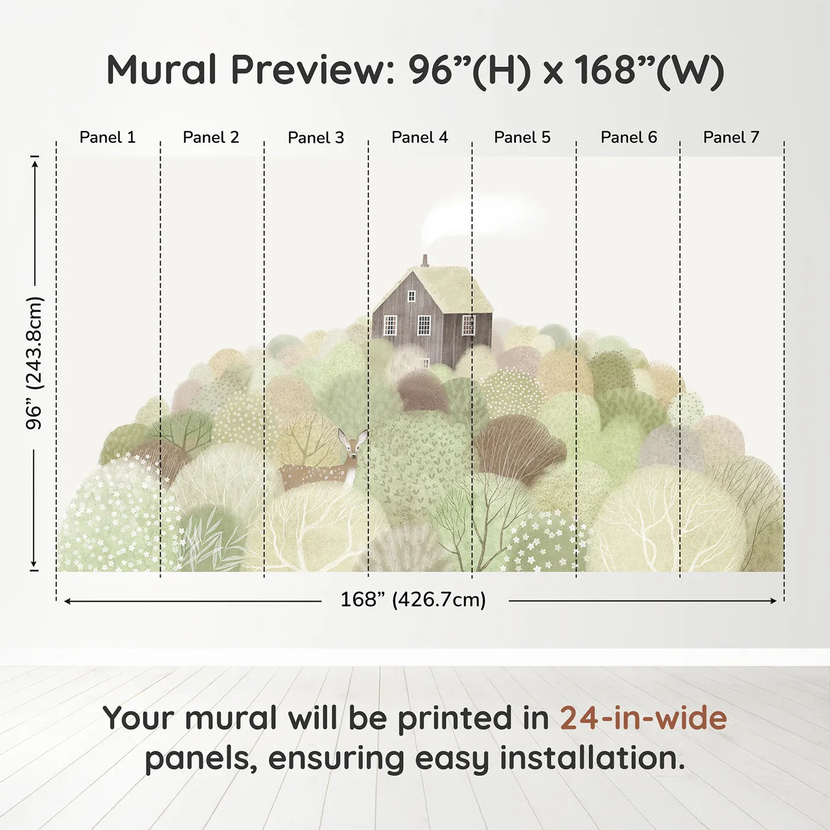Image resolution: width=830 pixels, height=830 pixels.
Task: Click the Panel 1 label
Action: tap(108, 138)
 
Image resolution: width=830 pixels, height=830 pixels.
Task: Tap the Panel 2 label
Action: tap(211, 138)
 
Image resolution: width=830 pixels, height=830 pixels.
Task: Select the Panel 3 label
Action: tap(316, 138)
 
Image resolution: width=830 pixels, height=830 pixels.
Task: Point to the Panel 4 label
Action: tap(420, 138)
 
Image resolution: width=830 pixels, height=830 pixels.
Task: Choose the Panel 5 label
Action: tap(522, 138)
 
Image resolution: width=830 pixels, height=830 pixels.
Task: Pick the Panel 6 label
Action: tap(629, 138)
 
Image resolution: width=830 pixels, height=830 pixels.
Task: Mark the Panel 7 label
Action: tap(732, 138)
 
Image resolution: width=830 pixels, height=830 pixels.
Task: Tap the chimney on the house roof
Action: tap(424, 261)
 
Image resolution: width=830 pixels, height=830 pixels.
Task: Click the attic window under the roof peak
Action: tap(411, 296)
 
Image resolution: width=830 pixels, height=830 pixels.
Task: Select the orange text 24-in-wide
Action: tap(643, 718)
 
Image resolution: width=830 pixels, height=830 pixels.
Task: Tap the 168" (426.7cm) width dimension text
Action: tap(413, 599)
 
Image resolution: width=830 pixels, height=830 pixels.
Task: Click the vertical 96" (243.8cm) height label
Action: tap(34, 363)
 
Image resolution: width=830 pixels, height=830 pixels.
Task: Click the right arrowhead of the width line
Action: tap(774, 601)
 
